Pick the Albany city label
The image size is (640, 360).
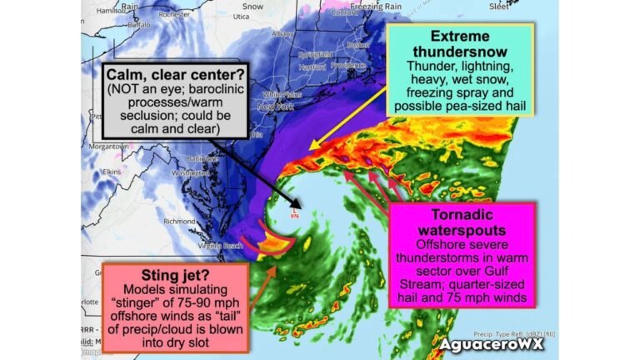[x=282, y=34]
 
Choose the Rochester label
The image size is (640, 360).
[x=173, y=14]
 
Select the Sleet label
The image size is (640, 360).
[x=499, y=6]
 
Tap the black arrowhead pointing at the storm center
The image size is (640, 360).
[x=296, y=200]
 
